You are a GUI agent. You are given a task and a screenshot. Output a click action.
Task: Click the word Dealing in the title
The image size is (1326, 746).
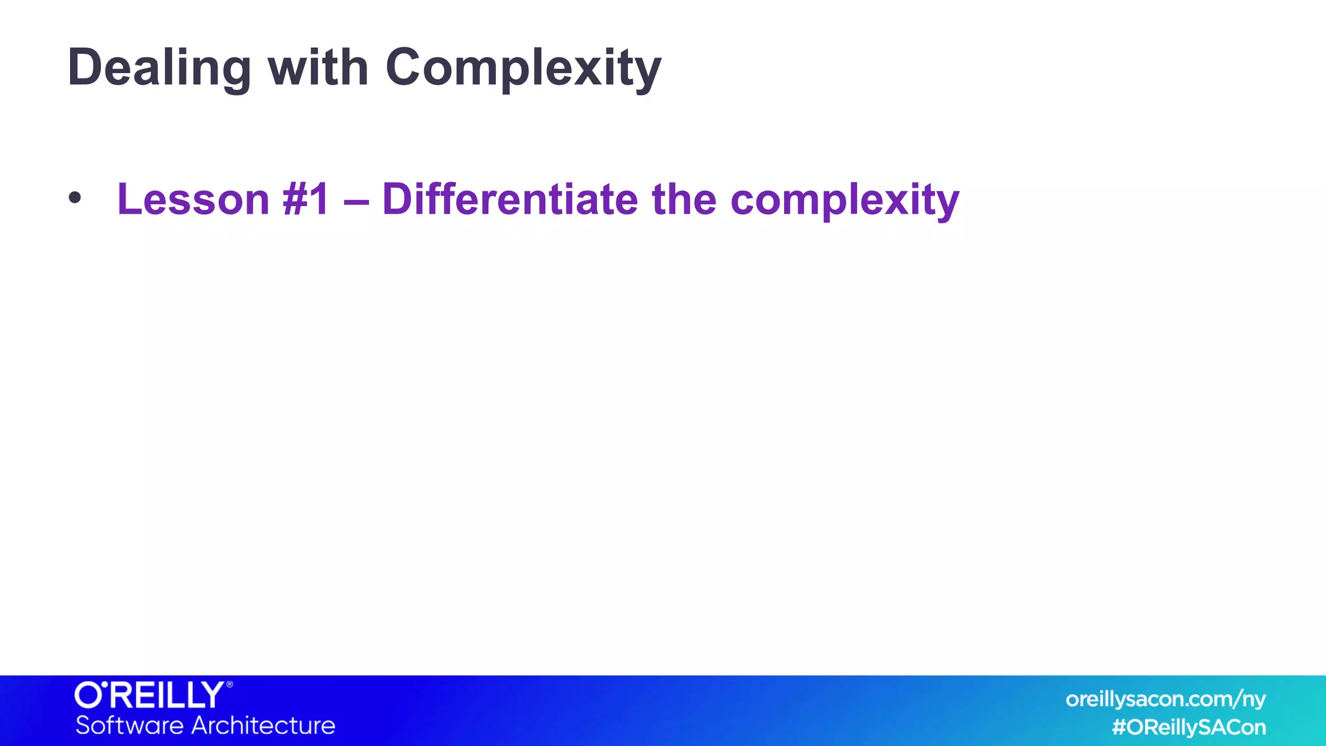click(159, 68)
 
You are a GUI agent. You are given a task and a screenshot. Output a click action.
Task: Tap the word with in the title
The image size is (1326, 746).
click(318, 68)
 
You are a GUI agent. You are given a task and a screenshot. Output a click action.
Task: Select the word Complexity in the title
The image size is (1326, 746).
click(523, 68)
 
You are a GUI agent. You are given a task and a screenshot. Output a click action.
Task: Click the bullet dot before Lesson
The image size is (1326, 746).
click(75, 198)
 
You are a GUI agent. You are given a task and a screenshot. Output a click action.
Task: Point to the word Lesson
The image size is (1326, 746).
click(193, 199)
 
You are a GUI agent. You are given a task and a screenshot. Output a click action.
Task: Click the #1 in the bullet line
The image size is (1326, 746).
click(306, 199)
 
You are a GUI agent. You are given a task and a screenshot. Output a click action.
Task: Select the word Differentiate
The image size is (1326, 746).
click(510, 199)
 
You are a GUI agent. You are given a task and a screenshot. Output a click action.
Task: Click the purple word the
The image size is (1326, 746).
click(684, 199)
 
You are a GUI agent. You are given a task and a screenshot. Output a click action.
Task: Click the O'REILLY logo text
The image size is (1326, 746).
click(150, 695)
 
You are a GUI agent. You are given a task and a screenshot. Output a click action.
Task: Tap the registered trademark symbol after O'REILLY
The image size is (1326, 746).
click(229, 684)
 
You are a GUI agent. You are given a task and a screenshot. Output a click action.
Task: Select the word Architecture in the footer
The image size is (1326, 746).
click(264, 725)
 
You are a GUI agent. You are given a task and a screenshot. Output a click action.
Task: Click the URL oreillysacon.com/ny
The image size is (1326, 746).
click(1165, 699)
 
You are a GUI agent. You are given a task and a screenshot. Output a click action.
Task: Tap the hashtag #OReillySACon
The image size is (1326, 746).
click(1189, 727)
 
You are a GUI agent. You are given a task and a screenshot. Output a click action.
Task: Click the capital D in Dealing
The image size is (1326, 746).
click(84, 67)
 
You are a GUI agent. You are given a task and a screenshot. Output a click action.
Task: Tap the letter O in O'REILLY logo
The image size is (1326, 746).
click(88, 695)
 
